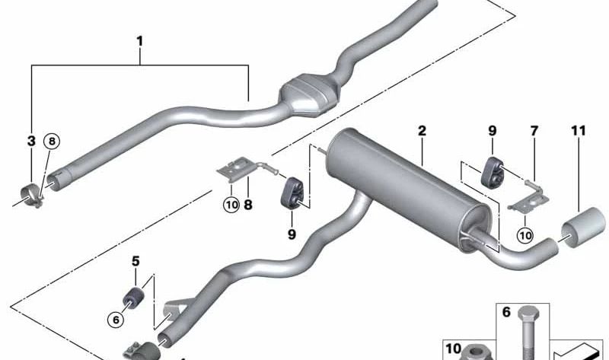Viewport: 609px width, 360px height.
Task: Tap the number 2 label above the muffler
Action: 421,131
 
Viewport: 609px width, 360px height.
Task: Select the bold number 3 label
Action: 31,141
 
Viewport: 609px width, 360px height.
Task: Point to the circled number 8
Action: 52,141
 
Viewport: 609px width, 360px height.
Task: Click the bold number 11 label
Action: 579,131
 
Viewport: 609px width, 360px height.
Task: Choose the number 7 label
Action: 534,131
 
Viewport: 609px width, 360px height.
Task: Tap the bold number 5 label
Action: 136,261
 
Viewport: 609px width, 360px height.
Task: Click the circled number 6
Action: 116,320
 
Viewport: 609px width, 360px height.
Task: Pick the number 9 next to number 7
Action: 492,131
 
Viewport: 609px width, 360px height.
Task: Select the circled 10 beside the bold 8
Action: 231,203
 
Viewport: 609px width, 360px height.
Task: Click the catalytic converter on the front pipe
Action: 308,94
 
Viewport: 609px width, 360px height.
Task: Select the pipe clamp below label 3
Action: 31,193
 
